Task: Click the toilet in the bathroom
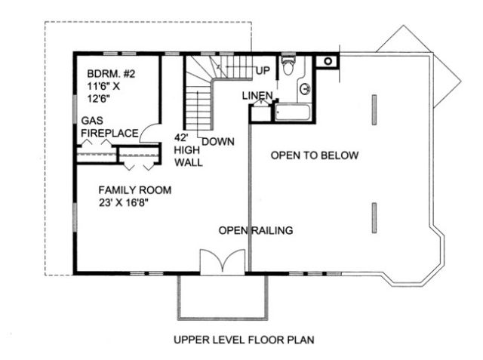click(288, 65)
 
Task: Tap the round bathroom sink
click(305, 89)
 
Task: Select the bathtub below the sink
click(292, 112)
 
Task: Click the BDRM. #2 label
click(111, 74)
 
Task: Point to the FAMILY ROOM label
click(135, 190)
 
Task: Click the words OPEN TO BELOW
click(315, 155)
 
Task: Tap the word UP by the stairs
click(263, 70)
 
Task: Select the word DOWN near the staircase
click(218, 142)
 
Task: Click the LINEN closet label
click(257, 96)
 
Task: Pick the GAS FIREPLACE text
click(109, 127)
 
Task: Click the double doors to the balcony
click(223, 261)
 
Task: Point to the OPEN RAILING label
click(256, 230)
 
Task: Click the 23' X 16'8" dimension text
click(124, 202)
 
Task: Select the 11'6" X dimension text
click(103, 86)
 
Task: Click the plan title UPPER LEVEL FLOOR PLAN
click(244, 340)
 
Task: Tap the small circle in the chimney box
click(328, 61)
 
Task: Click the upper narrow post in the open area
click(374, 110)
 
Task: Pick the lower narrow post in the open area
click(374, 217)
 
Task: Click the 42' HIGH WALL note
click(189, 150)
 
